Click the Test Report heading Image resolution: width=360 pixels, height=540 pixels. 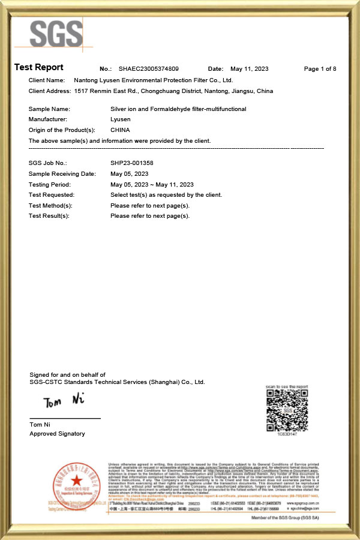[38, 67]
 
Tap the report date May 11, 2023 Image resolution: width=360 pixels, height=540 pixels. [249, 69]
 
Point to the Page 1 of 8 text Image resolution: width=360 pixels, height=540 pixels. [320, 69]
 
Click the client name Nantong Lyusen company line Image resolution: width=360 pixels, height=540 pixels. [152, 80]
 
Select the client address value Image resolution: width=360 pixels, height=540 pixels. [173, 91]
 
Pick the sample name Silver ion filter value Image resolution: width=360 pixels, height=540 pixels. [178, 109]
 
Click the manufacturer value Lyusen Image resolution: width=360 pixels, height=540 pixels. [121, 119]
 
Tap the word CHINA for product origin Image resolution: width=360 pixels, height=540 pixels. [121, 130]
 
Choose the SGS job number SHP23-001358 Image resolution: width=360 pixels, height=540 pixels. [132, 163]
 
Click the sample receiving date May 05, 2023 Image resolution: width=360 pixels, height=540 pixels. [130, 174]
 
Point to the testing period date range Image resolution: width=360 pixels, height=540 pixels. [152, 185]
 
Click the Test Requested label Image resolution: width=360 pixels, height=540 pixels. [52, 195]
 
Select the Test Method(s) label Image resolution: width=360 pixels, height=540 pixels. [50, 206]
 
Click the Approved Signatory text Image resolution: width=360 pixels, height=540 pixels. [57, 434]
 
